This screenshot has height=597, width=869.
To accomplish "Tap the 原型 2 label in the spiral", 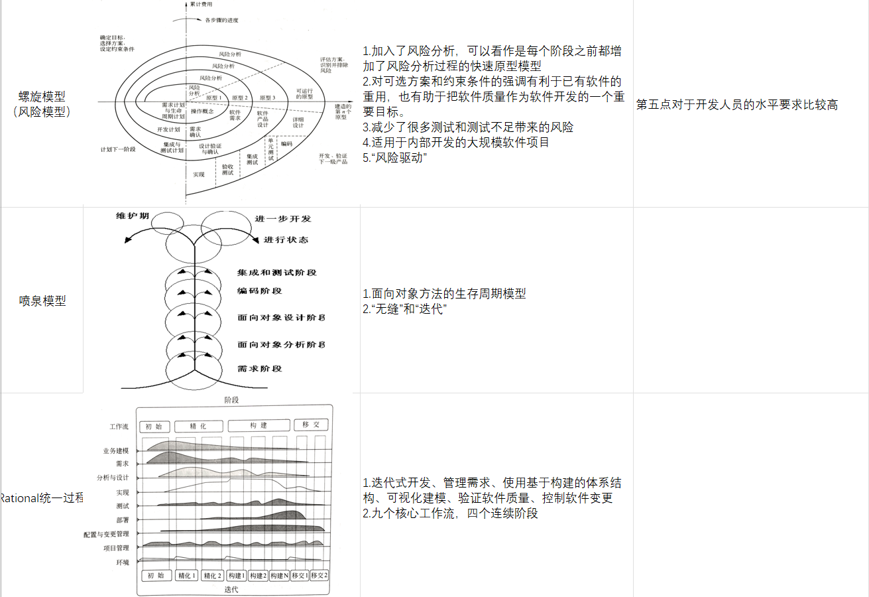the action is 240,98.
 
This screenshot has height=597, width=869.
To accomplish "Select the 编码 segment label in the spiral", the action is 286,143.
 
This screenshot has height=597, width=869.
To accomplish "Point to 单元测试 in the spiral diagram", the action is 270,149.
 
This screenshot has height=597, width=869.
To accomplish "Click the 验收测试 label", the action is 227,170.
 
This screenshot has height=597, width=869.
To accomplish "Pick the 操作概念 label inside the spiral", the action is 203,111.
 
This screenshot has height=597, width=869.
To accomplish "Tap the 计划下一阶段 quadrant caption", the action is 118,149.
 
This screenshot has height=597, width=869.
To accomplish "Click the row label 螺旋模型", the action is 42,97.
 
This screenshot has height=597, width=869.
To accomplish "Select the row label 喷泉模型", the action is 42,300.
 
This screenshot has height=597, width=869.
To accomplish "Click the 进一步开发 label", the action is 282,219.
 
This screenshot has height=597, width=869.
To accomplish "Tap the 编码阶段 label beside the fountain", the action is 260,291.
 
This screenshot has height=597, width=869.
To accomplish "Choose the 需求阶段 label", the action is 260,368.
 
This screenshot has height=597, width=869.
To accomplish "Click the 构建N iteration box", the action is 279,575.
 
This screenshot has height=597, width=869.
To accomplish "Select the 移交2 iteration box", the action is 319,575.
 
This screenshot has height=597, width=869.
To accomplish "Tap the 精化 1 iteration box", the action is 187,575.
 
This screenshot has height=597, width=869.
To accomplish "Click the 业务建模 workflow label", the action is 116,451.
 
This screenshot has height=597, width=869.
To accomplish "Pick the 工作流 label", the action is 119,427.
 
